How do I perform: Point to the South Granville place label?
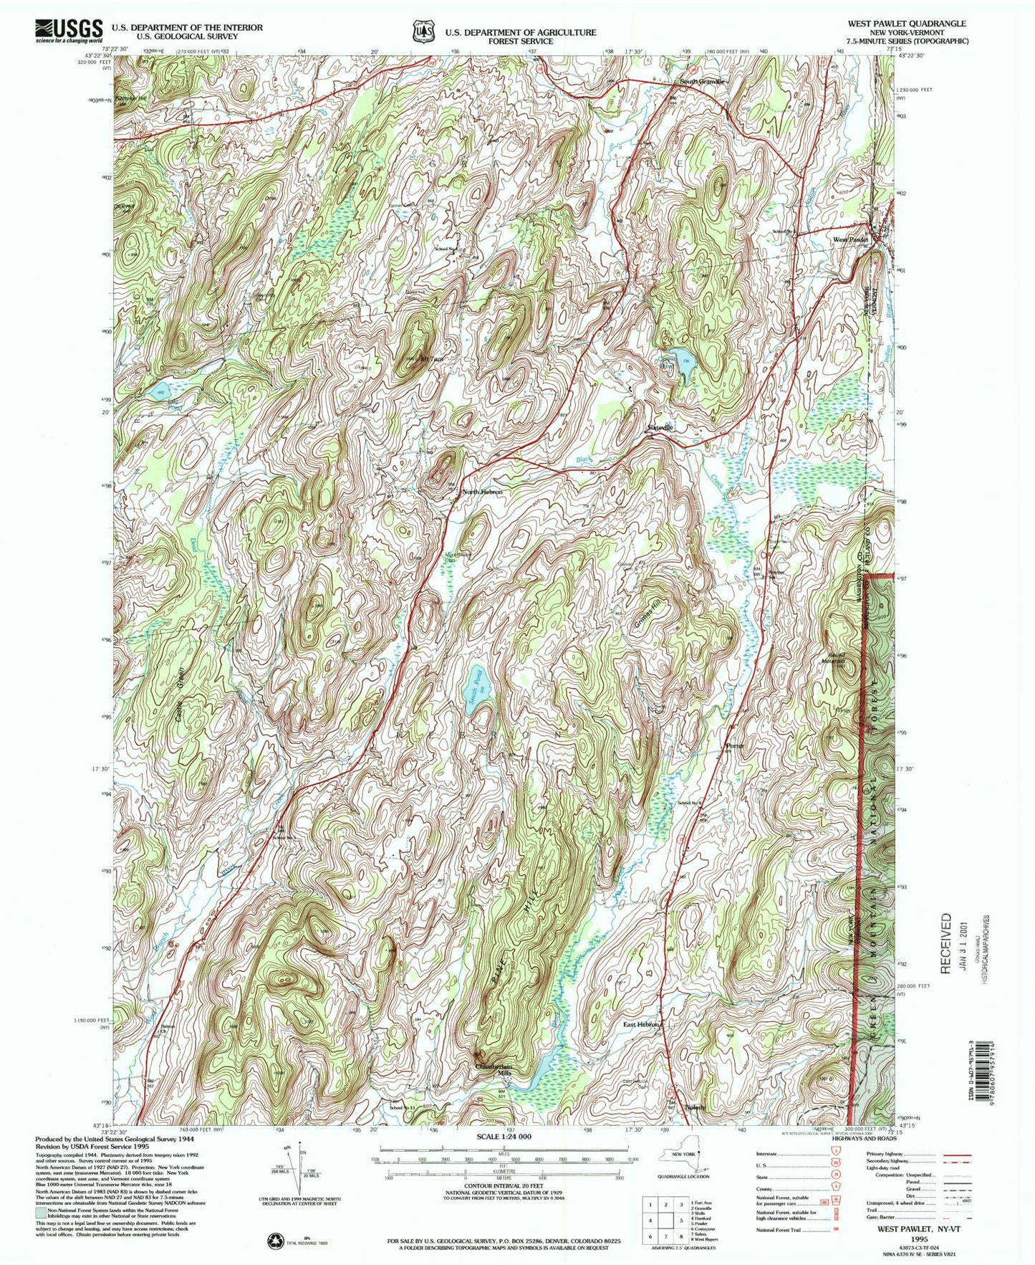[702, 82]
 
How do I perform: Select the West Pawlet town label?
[850, 239]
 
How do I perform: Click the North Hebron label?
[483, 492]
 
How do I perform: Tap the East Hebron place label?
[640, 1025]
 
